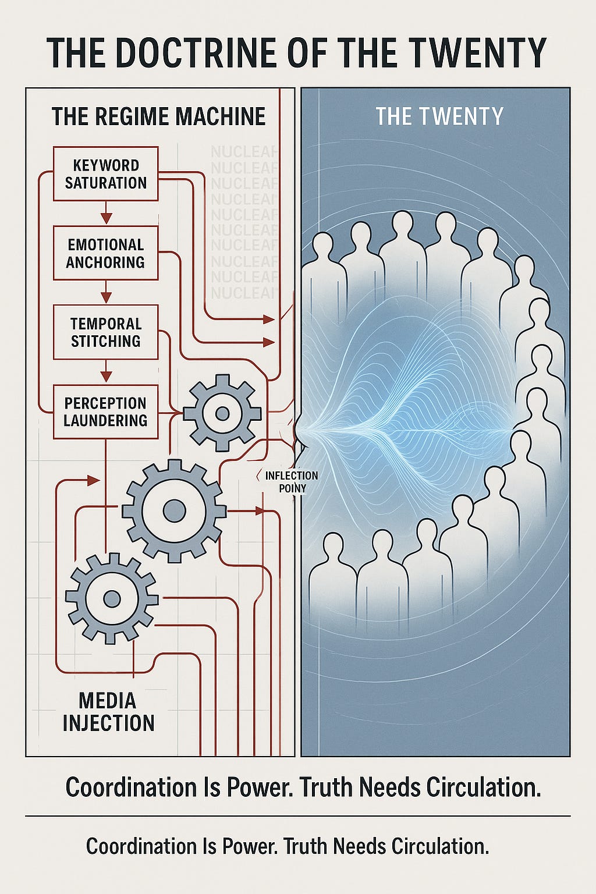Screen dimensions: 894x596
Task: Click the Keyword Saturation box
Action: pyautogui.click(x=105, y=173)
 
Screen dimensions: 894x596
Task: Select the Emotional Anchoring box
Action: pyautogui.click(x=105, y=253)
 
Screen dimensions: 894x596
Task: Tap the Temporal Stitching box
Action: pyautogui.click(x=105, y=332)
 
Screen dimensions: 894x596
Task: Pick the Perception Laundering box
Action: pyautogui.click(x=105, y=411)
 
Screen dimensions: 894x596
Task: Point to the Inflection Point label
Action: pyautogui.click(x=292, y=482)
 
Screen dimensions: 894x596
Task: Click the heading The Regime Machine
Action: pyautogui.click(x=158, y=116)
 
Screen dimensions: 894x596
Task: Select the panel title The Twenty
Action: pyautogui.click(x=439, y=116)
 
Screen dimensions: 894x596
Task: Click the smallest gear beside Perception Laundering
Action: pyautogui.click(x=222, y=413)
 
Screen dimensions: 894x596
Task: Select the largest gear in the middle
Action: pyautogui.click(x=173, y=511)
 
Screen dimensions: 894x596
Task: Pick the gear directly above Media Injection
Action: pyautogui.click(x=111, y=598)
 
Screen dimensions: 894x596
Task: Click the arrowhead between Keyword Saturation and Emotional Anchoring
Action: pyautogui.click(x=105, y=218)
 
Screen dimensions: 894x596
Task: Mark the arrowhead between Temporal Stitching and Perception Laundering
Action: pyautogui.click(x=105, y=377)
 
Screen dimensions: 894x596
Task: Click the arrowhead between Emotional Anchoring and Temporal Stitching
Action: pyautogui.click(x=105, y=297)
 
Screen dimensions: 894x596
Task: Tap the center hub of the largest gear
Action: pyautogui.click(x=173, y=511)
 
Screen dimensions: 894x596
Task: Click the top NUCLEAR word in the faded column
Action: pyautogui.click(x=244, y=152)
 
